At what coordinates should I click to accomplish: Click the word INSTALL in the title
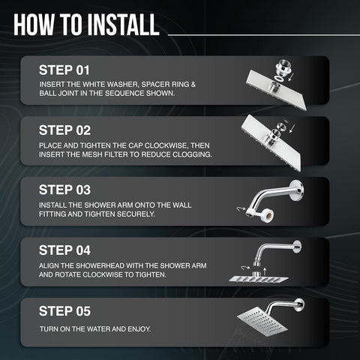pyautogui.click(x=123, y=25)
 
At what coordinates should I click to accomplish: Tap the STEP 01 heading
pyautogui.click(x=64, y=70)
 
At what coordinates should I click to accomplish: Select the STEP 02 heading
pyautogui.click(x=64, y=130)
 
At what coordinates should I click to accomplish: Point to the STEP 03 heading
pyautogui.click(x=64, y=190)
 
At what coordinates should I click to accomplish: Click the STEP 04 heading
pyautogui.click(x=64, y=250)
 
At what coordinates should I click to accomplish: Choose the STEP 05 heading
pyautogui.click(x=64, y=311)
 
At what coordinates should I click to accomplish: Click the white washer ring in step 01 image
pyautogui.click(x=279, y=79)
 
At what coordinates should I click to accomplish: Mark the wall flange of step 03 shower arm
pyautogui.click(x=298, y=190)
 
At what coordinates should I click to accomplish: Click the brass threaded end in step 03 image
pyautogui.click(x=266, y=215)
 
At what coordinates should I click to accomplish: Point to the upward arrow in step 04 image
pyautogui.click(x=265, y=271)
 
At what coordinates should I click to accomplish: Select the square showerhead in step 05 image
pyautogui.click(x=262, y=321)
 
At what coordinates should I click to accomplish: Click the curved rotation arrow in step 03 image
pyautogui.click(x=241, y=209)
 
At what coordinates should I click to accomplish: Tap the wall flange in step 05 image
pyautogui.click(x=299, y=304)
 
